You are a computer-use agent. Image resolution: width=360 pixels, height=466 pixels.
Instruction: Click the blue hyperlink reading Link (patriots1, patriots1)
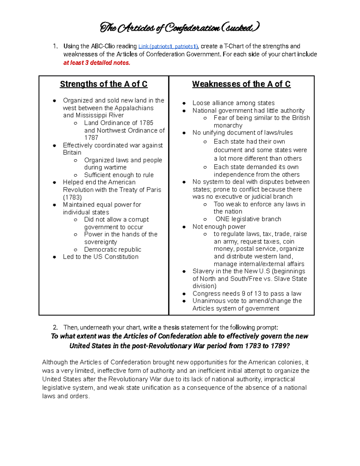168,47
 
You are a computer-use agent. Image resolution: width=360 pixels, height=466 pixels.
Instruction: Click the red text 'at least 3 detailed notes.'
97,63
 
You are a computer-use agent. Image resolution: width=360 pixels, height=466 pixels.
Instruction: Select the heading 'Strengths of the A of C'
103,84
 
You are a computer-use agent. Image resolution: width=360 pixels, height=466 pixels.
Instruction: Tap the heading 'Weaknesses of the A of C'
241,84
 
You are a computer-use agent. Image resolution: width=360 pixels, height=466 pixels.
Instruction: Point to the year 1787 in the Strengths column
91,138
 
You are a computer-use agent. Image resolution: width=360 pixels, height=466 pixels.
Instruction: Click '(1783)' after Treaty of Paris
72,197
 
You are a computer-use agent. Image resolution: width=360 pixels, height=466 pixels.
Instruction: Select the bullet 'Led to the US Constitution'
100,257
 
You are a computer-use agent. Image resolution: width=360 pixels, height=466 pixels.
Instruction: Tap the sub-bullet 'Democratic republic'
112,249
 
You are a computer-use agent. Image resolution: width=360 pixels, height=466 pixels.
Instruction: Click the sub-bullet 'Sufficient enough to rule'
119,175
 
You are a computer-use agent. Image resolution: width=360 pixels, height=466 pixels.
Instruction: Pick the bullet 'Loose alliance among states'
233,103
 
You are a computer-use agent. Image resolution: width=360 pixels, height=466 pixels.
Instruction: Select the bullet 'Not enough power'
219,227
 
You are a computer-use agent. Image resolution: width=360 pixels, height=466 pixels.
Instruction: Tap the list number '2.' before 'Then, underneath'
55,327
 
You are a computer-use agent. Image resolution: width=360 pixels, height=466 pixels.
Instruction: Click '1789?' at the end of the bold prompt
280,346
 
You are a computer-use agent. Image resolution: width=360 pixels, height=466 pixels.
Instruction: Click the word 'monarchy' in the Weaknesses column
228,125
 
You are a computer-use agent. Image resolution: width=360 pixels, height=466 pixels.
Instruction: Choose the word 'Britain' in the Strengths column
72,153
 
